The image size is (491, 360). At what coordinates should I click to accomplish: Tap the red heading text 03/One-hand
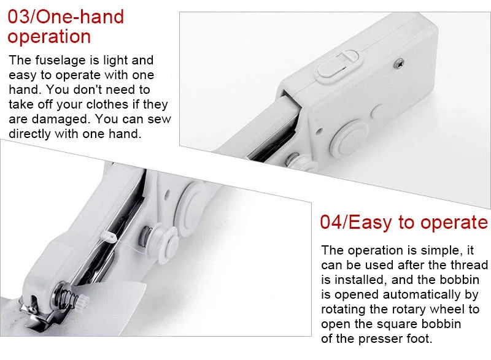(x=66, y=17)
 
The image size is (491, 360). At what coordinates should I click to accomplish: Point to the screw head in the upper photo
(x=398, y=64)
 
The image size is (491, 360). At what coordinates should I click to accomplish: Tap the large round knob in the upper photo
(x=349, y=137)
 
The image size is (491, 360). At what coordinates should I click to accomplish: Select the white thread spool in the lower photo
(x=161, y=242)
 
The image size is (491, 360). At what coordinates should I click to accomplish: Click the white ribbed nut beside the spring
(x=83, y=301)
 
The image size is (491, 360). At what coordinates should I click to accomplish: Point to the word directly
(x=29, y=134)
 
